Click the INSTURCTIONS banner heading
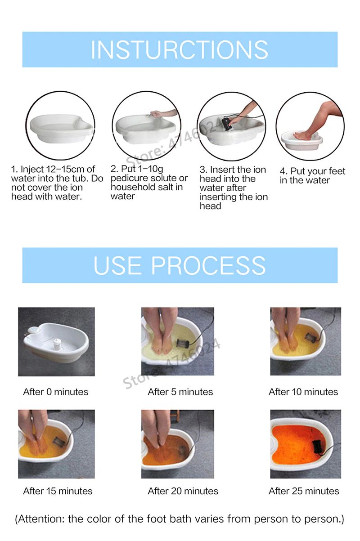click(180, 49)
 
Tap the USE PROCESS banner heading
click(180, 265)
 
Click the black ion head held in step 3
click(227, 123)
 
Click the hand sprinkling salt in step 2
click(157, 113)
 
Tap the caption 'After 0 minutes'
click(56, 392)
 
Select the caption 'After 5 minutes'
click(180, 392)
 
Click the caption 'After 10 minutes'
click(303, 392)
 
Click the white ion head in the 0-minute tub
click(57, 342)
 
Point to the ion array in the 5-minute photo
click(181, 343)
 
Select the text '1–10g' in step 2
click(150, 169)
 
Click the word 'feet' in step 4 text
click(337, 171)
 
